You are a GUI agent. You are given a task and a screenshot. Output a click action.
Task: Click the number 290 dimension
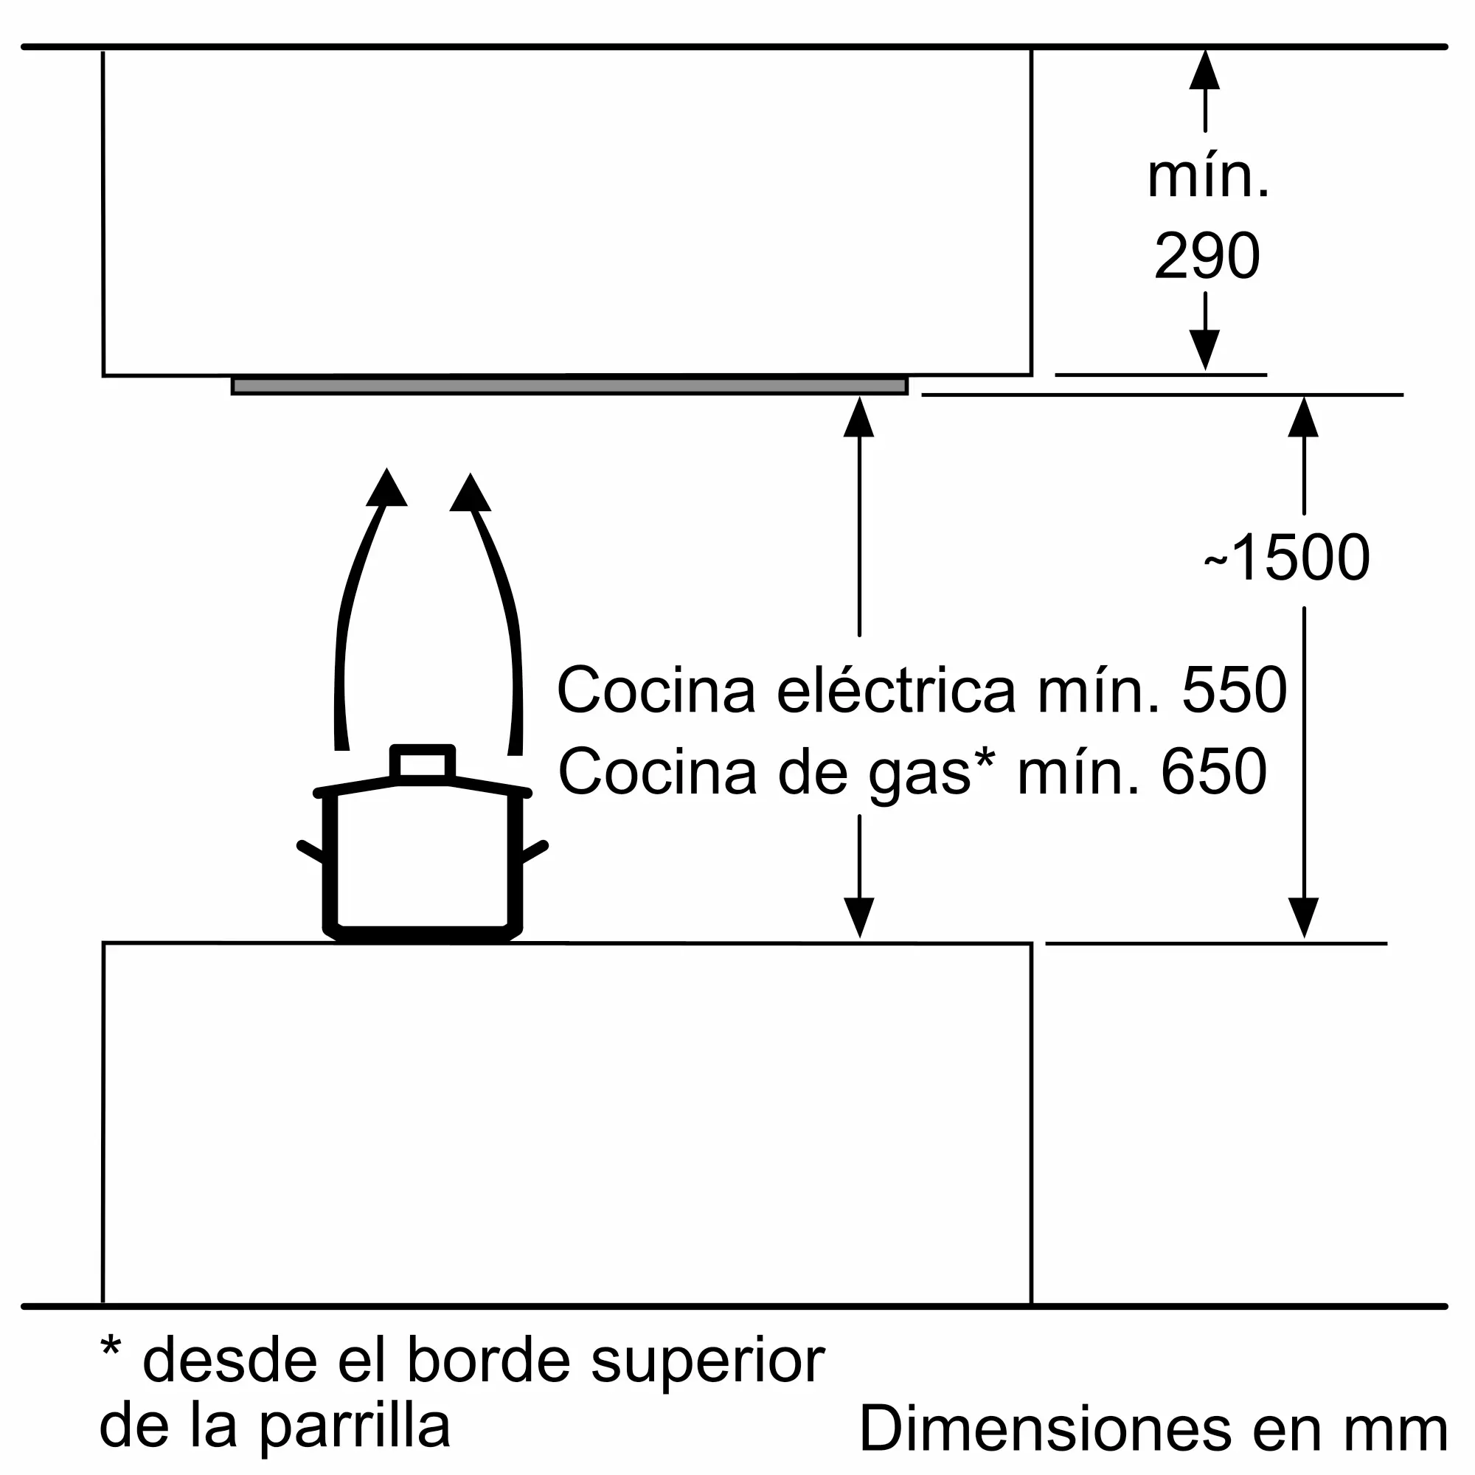1207,256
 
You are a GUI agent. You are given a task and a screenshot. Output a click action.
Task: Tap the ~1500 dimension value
1287,558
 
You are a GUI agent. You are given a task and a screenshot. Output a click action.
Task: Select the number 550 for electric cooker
1235,690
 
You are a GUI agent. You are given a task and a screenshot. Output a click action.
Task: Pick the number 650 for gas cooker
1214,772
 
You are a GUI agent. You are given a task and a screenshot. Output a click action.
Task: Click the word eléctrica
896,690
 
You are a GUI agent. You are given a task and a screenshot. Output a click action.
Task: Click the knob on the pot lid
422,763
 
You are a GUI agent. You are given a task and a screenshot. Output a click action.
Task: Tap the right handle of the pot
535,850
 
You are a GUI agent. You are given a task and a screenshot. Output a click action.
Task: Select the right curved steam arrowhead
471,493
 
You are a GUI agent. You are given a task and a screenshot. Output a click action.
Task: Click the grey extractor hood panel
569,386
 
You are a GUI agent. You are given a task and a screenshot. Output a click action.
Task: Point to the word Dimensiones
1044,1426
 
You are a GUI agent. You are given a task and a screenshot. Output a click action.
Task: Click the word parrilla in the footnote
355,1425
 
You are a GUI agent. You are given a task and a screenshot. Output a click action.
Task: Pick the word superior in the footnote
708,1360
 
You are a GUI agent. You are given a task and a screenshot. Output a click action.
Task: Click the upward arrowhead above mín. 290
1205,70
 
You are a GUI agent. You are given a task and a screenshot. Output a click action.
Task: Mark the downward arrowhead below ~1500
1303,916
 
